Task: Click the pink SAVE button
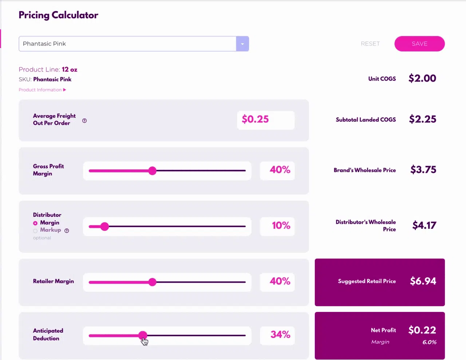point(419,44)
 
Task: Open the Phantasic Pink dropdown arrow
point(242,44)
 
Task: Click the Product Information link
point(42,90)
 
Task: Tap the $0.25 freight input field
point(266,120)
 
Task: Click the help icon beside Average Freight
point(84,121)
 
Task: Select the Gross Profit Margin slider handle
point(153,171)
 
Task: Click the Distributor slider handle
point(104,226)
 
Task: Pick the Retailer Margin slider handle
point(153,282)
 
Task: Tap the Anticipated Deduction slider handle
point(143,335)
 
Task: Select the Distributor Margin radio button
point(35,223)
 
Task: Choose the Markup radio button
point(35,231)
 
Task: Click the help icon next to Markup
point(67,231)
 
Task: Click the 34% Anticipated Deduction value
point(280,334)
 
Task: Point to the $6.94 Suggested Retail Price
point(423,281)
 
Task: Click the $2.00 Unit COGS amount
point(422,78)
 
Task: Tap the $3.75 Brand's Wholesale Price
point(423,169)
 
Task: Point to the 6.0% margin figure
point(429,342)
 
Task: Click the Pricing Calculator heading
point(58,15)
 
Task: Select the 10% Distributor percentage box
point(277,226)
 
